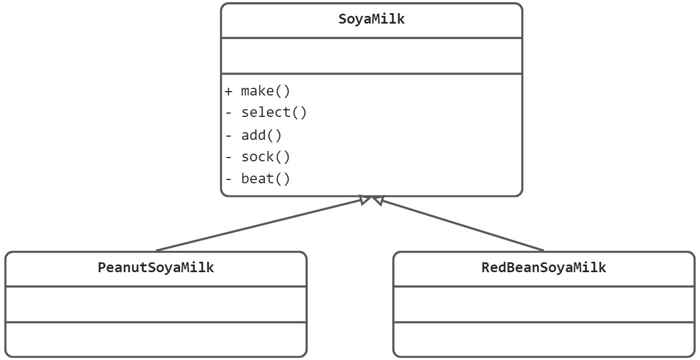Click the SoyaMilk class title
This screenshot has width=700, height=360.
pyautogui.click(x=371, y=19)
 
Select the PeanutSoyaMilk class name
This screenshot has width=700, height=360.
pyautogui.click(x=156, y=267)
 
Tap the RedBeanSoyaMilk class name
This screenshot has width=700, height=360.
pyautogui.click(x=544, y=267)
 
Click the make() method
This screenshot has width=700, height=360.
pyautogui.click(x=266, y=91)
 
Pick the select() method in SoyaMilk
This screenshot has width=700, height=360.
pyautogui.click(x=274, y=113)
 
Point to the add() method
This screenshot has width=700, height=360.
pyautogui.click(x=262, y=136)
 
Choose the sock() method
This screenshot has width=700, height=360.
pyautogui.click(x=266, y=157)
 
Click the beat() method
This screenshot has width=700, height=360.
pyautogui.click(x=266, y=179)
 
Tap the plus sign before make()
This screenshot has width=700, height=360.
pyautogui.click(x=228, y=91)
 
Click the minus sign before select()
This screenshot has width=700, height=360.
pyautogui.click(x=228, y=113)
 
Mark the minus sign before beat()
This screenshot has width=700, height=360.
pyautogui.click(x=228, y=179)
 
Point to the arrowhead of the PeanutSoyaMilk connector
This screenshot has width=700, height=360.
pyautogui.click(x=365, y=199)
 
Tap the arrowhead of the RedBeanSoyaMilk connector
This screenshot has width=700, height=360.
pyautogui.click(x=378, y=199)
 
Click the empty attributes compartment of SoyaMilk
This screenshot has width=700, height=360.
pyautogui.click(x=371, y=56)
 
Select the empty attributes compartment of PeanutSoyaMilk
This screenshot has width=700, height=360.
pyautogui.click(x=156, y=304)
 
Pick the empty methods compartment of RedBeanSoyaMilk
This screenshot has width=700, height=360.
pyautogui.click(x=544, y=339)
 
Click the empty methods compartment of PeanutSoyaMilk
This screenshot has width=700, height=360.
pyautogui.click(x=156, y=339)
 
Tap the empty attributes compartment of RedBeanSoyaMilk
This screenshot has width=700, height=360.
pyautogui.click(x=544, y=304)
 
